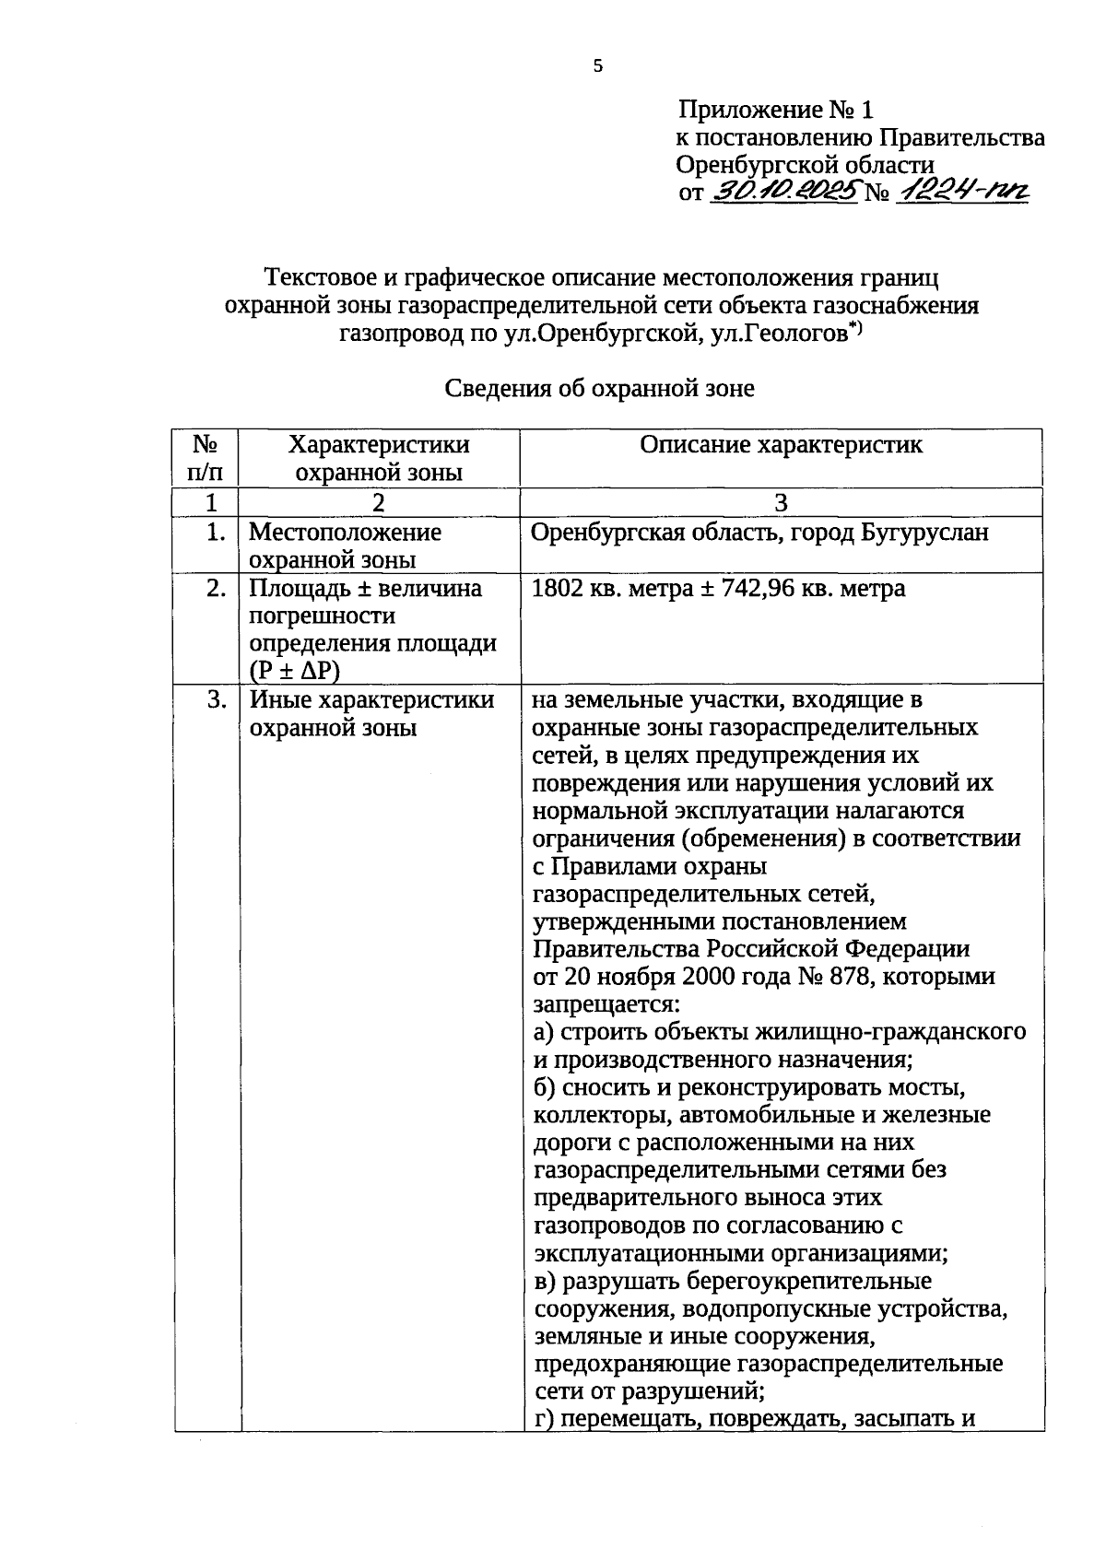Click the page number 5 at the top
(597, 66)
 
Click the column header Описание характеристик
(781, 445)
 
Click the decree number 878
(847, 976)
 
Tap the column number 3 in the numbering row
(781, 503)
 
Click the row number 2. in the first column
(216, 588)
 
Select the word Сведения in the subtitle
(499, 389)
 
